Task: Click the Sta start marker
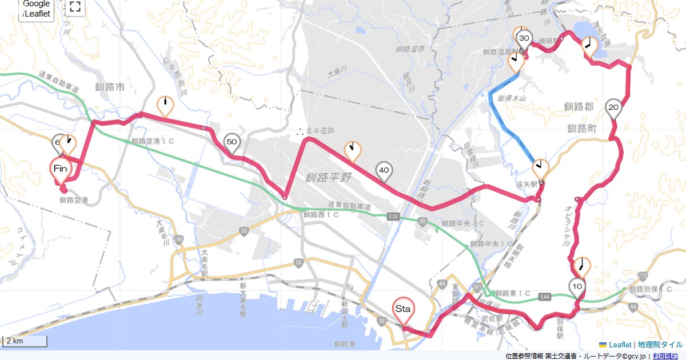pyautogui.click(x=403, y=309)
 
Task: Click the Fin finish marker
pyautogui.click(x=61, y=169)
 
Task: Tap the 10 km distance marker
pyautogui.click(x=577, y=286)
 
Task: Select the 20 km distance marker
pyautogui.click(x=614, y=107)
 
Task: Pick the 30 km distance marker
pyautogui.click(x=524, y=38)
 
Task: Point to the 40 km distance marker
pyautogui.click(x=384, y=170)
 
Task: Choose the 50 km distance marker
pyautogui.click(x=232, y=142)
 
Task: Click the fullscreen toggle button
pyautogui.click(x=74, y=7)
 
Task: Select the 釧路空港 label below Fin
pyautogui.click(x=74, y=201)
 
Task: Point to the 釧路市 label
pyautogui.click(x=110, y=87)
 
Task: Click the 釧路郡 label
pyautogui.click(x=579, y=107)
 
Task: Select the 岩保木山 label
pyautogui.click(x=512, y=98)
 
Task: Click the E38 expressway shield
pyautogui.click(x=392, y=217)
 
